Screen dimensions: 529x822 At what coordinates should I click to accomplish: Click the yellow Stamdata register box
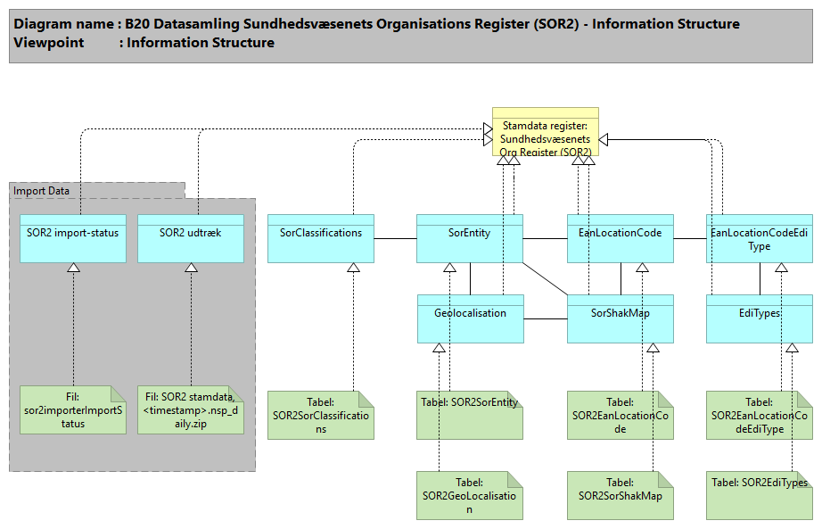coord(546,132)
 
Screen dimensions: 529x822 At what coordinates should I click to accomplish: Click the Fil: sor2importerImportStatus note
coord(73,409)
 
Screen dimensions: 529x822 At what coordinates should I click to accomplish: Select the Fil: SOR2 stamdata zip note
coord(191,409)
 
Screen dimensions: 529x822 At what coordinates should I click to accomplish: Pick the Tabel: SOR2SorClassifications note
coord(321,415)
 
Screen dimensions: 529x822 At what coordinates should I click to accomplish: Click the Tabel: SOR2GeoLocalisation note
coord(470,495)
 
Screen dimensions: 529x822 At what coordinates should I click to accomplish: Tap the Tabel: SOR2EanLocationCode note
coord(620,415)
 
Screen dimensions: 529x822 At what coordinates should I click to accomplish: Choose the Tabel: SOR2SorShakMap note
coord(620,495)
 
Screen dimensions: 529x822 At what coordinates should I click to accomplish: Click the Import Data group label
coord(43,190)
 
